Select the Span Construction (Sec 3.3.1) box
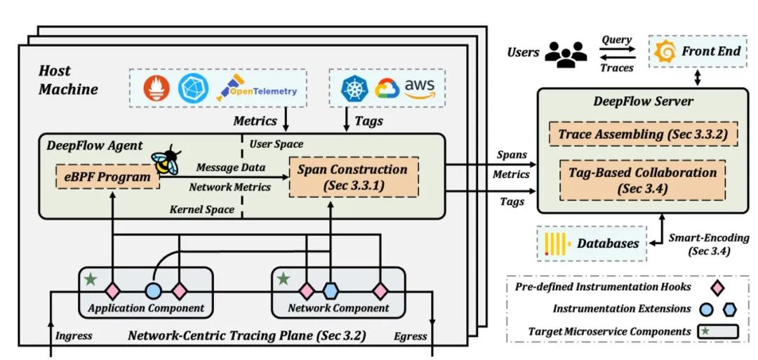pyautogui.click(x=352, y=178)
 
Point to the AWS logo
pyautogui.click(x=420, y=87)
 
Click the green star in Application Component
pyautogui.click(x=91, y=280)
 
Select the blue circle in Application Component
pyautogui.click(x=153, y=290)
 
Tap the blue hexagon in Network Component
pyautogui.click(x=331, y=290)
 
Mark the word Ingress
pyautogui.click(x=74, y=335)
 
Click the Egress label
pyautogui.click(x=411, y=335)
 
